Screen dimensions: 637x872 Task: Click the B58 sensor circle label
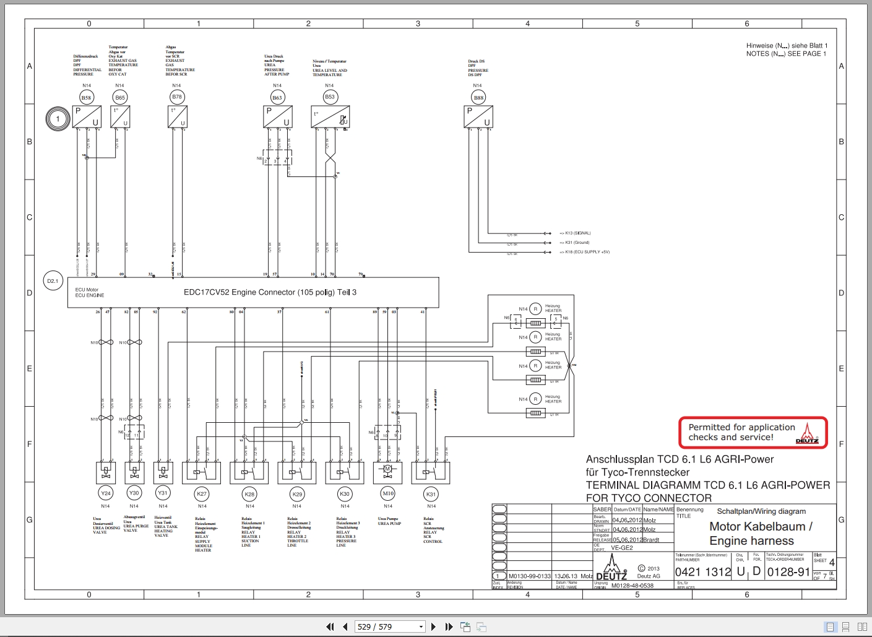click(x=86, y=97)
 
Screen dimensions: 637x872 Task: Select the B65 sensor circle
click(x=120, y=97)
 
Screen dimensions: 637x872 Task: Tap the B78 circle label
click(x=177, y=97)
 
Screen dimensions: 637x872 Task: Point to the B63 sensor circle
click(x=277, y=97)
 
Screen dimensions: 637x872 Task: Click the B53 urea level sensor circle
click(x=330, y=97)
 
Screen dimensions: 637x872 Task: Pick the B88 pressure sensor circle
click(x=478, y=97)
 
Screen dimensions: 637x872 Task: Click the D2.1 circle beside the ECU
click(x=53, y=281)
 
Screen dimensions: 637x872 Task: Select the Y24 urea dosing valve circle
click(x=105, y=493)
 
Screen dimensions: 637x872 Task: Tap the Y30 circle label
click(x=134, y=493)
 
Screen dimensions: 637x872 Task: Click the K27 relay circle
click(x=202, y=494)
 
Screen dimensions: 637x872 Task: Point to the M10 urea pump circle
click(x=388, y=493)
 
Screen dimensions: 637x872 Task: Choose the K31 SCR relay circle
click(x=431, y=494)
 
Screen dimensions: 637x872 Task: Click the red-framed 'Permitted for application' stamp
click(x=753, y=432)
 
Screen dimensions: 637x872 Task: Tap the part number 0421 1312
click(x=703, y=572)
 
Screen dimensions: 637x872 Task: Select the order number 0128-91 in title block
click(x=788, y=572)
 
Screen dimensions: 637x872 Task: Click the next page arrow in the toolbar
click(x=433, y=626)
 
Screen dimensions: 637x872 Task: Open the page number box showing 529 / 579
click(x=389, y=626)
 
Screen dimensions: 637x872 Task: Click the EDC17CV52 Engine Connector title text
click(x=270, y=292)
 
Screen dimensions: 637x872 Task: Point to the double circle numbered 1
click(x=58, y=119)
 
